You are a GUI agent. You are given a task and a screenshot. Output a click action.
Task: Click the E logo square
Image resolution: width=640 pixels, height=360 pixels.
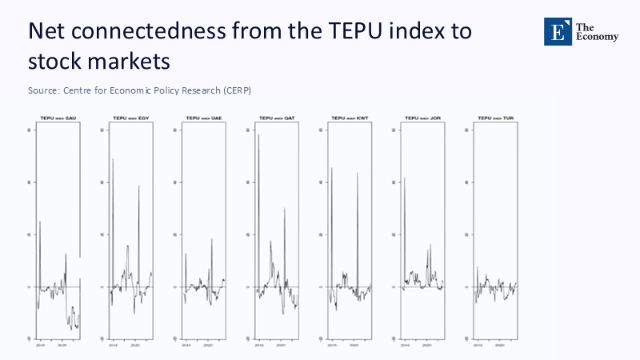557,31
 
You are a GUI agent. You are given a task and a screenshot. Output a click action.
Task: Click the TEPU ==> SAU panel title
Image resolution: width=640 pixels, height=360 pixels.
58,118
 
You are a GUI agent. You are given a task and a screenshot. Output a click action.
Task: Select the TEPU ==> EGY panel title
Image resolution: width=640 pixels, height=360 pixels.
131,118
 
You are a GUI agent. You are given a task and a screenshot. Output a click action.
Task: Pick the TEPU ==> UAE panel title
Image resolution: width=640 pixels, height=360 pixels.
204,118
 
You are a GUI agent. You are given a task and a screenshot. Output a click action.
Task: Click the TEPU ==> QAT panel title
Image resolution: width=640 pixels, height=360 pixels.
277,118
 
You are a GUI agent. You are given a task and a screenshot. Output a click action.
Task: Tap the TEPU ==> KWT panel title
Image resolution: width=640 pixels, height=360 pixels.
350,118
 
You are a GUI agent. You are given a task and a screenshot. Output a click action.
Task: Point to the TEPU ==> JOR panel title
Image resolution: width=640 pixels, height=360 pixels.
422,118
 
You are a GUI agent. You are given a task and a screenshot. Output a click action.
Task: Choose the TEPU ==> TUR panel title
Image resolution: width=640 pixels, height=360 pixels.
495,118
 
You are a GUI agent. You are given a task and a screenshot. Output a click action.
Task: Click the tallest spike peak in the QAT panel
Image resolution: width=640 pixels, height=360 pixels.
258,134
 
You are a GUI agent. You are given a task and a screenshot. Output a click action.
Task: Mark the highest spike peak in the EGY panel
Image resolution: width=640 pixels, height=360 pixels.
113,159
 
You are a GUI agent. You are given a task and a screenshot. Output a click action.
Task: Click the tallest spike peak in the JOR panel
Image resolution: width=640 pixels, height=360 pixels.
405,178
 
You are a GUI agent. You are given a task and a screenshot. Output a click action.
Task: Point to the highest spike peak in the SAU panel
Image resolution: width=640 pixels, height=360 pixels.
40,221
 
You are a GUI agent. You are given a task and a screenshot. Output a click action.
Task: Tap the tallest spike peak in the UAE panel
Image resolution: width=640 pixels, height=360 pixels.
212,238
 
